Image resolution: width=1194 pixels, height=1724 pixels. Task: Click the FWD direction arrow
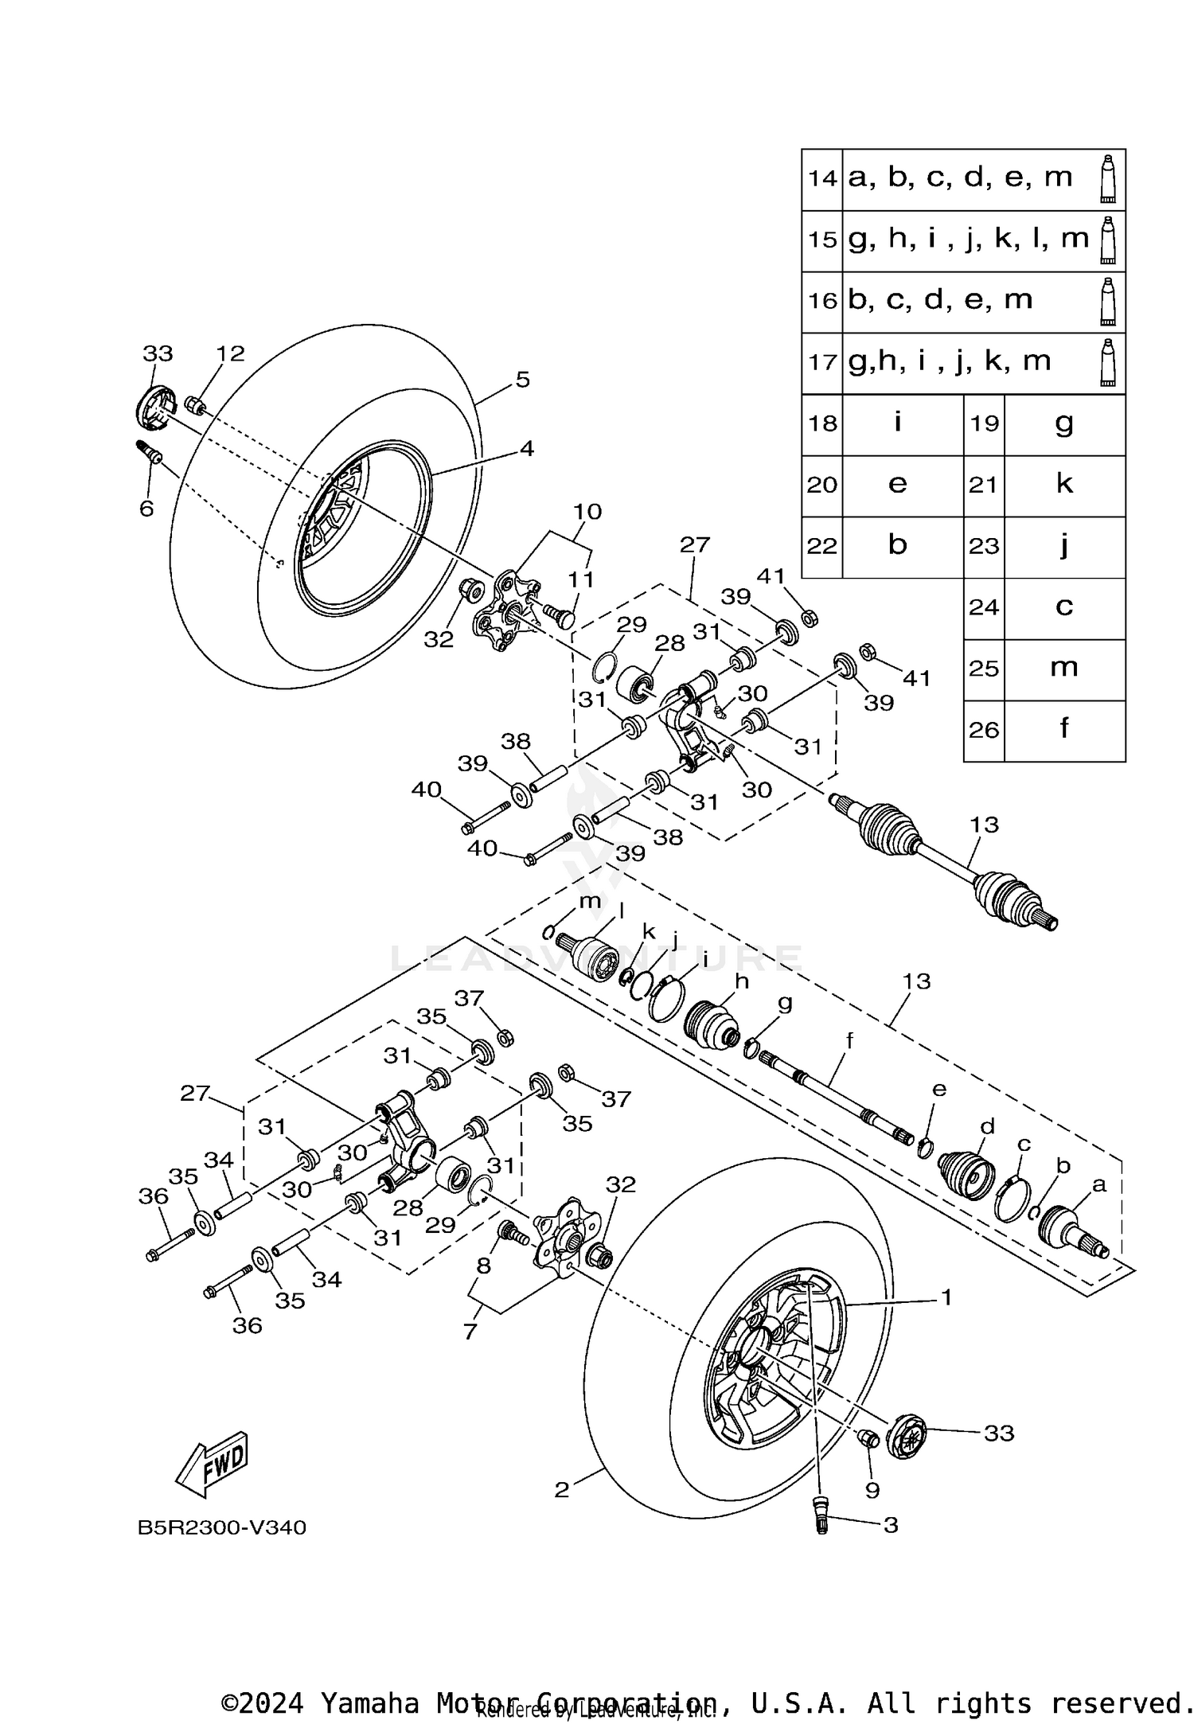[212, 1465]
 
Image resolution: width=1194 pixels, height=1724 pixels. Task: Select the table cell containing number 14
[822, 178]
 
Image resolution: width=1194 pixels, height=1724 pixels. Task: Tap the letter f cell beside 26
[1064, 729]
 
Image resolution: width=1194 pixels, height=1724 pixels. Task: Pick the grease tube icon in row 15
[1107, 240]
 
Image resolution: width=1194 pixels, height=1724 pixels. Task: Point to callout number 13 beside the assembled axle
[984, 825]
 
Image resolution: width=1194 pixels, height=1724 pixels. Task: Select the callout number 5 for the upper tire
[521, 380]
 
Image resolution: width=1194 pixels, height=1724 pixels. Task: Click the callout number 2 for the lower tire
[562, 1490]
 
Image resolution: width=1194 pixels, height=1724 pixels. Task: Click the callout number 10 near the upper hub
[587, 512]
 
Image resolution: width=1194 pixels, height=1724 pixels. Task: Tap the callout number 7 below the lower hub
[470, 1331]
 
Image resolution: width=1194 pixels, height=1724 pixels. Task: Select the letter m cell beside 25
[1064, 668]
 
